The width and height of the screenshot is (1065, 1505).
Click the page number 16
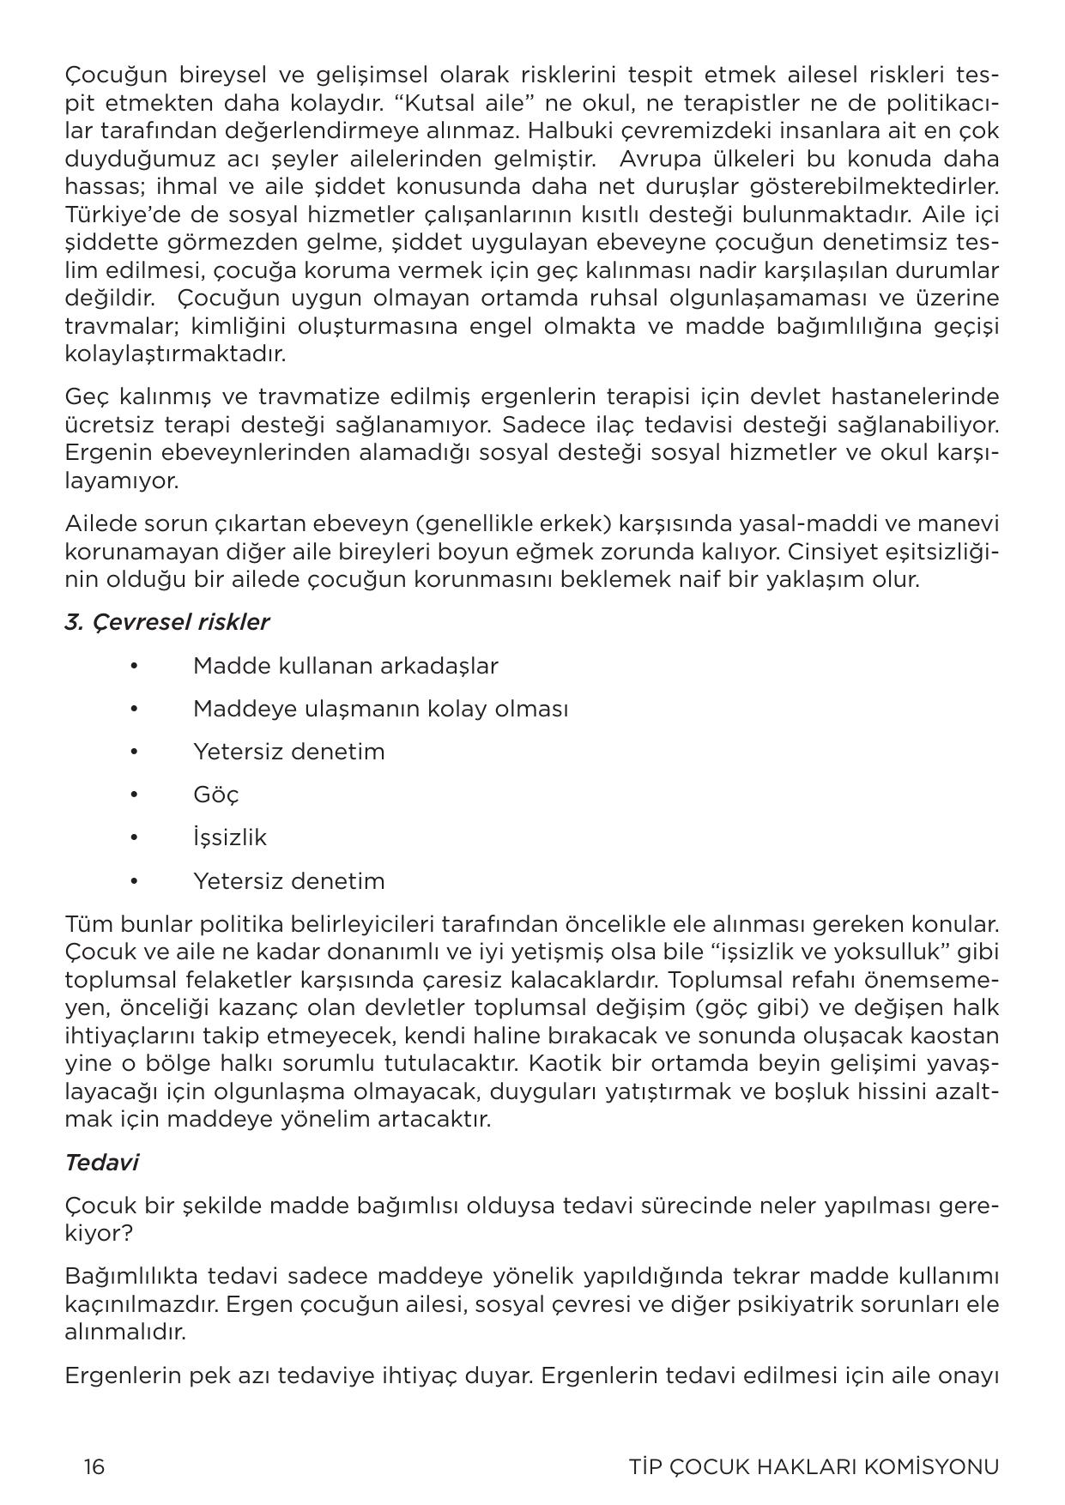point(94,1466)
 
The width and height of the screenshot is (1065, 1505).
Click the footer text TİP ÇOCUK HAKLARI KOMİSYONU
point(814,1466)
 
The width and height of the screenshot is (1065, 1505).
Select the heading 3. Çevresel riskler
point(166,622)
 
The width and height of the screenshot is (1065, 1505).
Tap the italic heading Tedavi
point(101,1163)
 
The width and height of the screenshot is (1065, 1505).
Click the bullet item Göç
point(215,795)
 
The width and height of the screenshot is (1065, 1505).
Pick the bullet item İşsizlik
point(229,837)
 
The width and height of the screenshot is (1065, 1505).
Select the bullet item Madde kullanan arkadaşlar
point(345,666)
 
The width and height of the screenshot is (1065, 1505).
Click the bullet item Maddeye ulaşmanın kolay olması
point(380,709)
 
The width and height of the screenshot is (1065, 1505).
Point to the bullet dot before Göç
point(134,795)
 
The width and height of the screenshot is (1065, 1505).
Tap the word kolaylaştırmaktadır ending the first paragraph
point(175,354)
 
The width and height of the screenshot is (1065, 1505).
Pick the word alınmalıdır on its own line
point(125,1332)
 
